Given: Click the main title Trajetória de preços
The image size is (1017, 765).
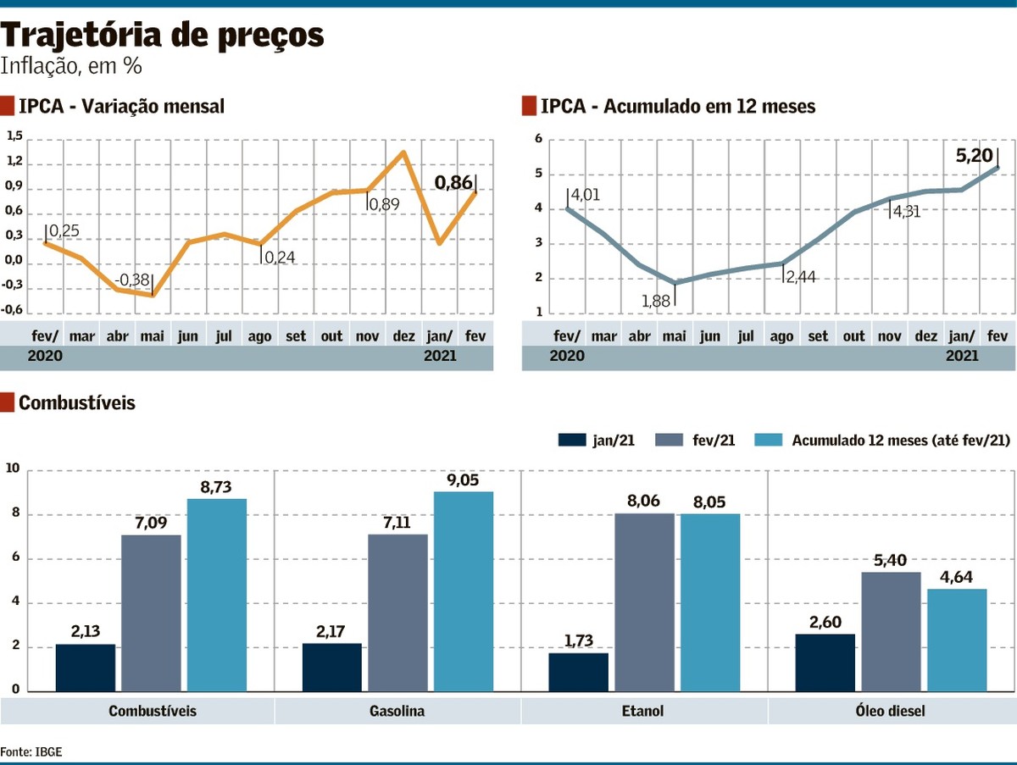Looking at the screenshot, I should [163, 36].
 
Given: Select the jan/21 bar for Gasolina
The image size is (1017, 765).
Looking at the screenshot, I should [331, 668].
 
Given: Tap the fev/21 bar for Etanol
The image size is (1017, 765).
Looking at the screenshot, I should [644, 602].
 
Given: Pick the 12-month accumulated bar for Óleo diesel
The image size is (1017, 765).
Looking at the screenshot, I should [957, 640].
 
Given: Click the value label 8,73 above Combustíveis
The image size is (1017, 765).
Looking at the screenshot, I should [217, 488].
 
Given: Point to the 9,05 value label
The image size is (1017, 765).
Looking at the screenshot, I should [463, 480].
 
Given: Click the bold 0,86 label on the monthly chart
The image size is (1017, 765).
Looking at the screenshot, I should [454, 181].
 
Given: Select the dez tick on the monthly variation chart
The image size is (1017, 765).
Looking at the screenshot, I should [403, 336].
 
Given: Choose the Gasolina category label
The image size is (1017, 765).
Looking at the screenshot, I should [397, 711].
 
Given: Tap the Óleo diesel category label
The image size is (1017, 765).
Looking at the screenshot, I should [891, 711].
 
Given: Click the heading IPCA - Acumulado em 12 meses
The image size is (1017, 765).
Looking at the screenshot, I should [677, 107].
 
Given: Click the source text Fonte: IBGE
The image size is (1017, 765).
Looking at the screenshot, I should [31, 751].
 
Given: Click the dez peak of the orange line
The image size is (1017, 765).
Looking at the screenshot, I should [403, 153].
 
